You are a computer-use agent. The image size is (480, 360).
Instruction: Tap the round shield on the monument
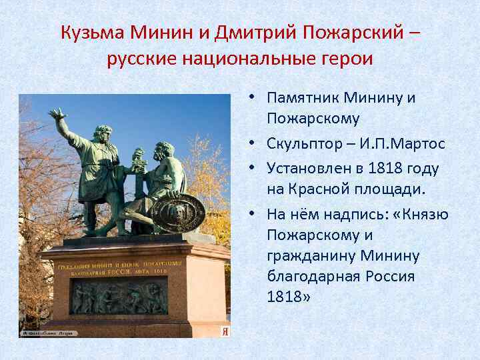coord(177,213)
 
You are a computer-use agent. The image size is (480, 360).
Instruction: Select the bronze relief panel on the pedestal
coord(119,296)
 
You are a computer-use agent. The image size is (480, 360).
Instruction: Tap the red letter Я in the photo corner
coord(225,331)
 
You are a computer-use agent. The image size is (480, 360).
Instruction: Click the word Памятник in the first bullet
coord(303,98)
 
